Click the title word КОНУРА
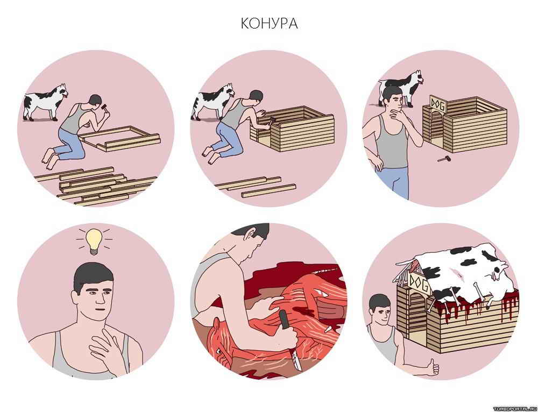[269, 23]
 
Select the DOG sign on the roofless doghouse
[437, 104]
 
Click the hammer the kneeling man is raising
[105, 108]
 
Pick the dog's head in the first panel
[62, 91]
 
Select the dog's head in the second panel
[228, 90]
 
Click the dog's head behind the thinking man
[417, 77]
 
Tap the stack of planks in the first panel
[96, 186]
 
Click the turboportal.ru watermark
[515, 409]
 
